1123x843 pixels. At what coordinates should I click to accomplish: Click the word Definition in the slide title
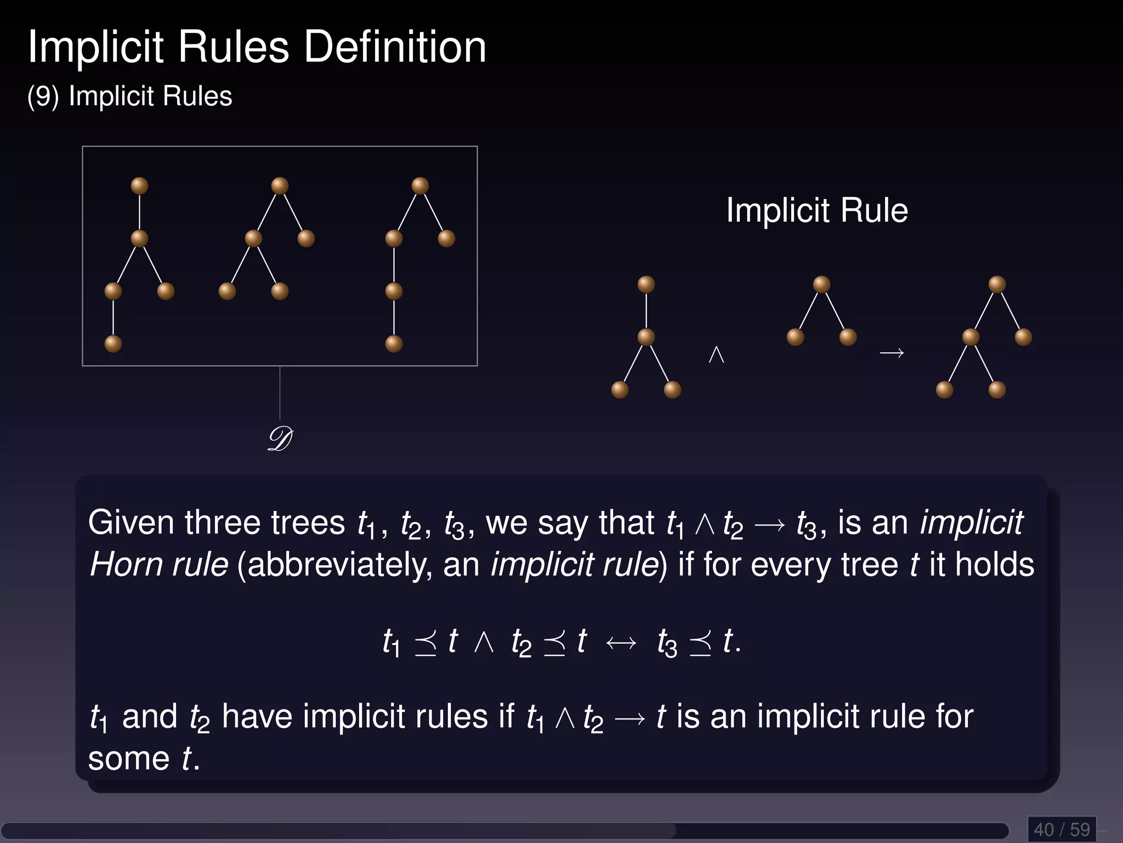[395, 47]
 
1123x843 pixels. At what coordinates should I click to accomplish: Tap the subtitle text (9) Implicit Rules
[130, 96]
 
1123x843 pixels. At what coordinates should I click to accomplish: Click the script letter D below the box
[280, 439]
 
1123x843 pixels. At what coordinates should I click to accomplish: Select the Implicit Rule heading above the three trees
[817, 210]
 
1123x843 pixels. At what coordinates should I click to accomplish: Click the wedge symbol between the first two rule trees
[716, 354]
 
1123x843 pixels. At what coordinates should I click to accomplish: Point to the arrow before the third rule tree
[892, 353]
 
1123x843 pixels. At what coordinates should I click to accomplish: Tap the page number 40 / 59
[1062, 829]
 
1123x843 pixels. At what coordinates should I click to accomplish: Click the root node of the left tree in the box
[139, 186]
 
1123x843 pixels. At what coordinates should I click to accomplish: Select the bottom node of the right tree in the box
[394, 344]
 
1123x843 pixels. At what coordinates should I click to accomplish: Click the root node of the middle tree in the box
[280, 186]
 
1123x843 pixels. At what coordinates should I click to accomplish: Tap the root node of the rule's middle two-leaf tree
[821, 284]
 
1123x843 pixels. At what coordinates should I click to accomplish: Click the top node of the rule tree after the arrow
[997, 284]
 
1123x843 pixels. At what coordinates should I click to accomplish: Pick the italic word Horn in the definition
[126, 565]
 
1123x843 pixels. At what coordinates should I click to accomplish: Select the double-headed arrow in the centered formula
[621, 643]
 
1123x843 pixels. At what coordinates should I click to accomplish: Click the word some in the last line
[129, 759]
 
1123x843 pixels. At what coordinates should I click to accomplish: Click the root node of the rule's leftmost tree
[646, 284]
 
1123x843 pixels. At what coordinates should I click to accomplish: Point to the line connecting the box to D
[280, 393]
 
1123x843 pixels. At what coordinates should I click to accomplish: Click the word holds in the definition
[994, 565]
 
